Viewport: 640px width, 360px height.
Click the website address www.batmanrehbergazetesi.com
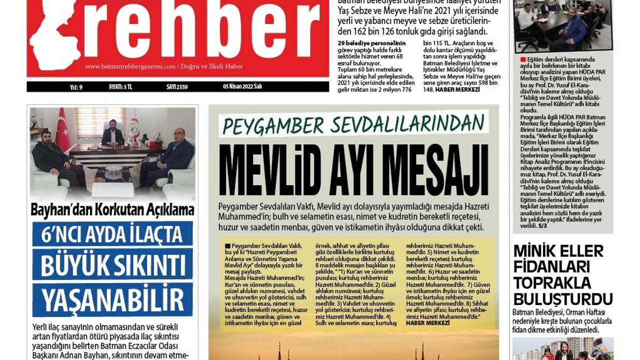pos(130,66)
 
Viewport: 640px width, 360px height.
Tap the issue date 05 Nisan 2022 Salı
pos(242,86)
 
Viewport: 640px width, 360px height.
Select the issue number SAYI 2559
pos(177,86)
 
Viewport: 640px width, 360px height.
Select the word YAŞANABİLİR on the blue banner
pos(112,299)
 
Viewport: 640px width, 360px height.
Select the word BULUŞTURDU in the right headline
pos(562,298)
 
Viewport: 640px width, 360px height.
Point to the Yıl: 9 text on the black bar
pos(76,86)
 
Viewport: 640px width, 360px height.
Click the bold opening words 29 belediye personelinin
pos(371,43)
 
